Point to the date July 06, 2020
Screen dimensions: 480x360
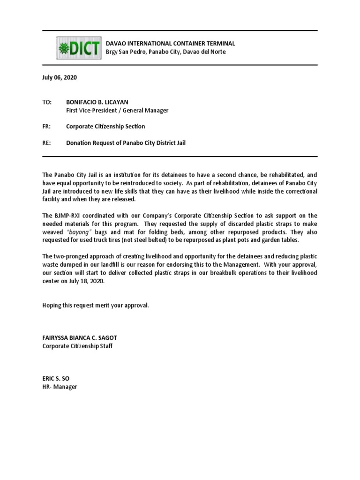[60, 78]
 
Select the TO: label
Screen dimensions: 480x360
[47, 102]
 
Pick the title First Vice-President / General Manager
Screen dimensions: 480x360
[117, 111]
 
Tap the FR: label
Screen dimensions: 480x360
[46, 127]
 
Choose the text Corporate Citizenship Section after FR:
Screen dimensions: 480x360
[105, 127]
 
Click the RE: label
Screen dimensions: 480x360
[46, 142]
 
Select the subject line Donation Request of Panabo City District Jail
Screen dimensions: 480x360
[126, 142]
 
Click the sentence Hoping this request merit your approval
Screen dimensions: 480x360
[96, 305]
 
